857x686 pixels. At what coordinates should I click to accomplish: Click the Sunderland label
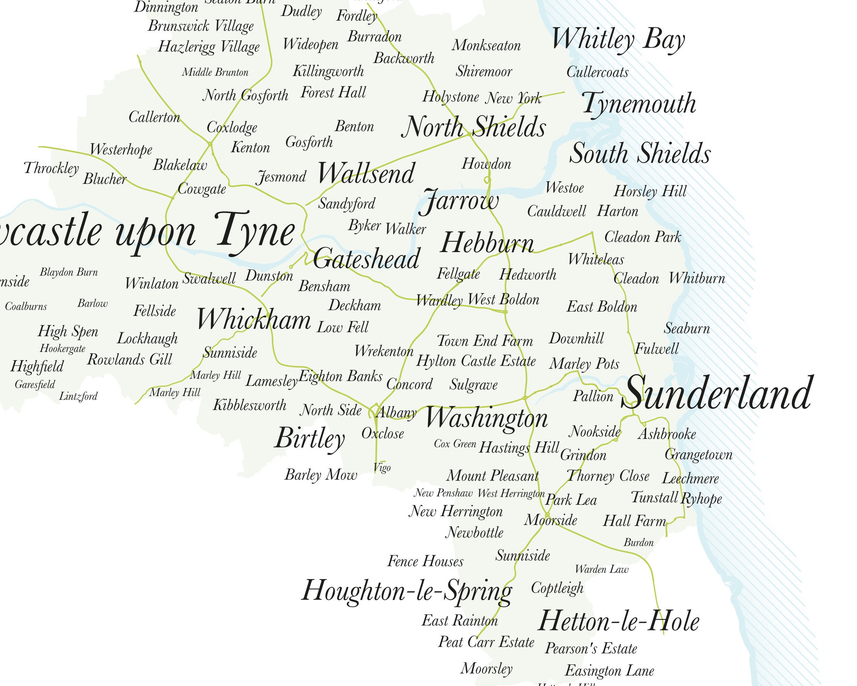coord(717,393)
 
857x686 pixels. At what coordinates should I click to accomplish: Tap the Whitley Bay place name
coord(618,40)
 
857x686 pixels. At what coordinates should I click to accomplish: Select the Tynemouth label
coord(639,103)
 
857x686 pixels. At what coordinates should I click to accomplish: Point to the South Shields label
coord(640,154)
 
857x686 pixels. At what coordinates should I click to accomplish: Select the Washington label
coord(486,418)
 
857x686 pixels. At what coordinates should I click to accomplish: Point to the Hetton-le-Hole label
coord(618,622)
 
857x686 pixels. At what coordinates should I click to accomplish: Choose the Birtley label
coord(310,438)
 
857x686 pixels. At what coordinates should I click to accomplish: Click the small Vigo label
coord(382,468)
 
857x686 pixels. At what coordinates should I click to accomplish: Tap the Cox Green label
coord(455,444)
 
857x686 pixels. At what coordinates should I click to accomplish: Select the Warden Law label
coord(601,569)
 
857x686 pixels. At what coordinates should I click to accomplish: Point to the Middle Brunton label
coord(215,72)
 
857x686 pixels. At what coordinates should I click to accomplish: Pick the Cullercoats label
coord(598,72)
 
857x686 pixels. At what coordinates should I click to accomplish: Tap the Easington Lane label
coord(609,671)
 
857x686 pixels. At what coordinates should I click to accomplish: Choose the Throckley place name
coord(51,168)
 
